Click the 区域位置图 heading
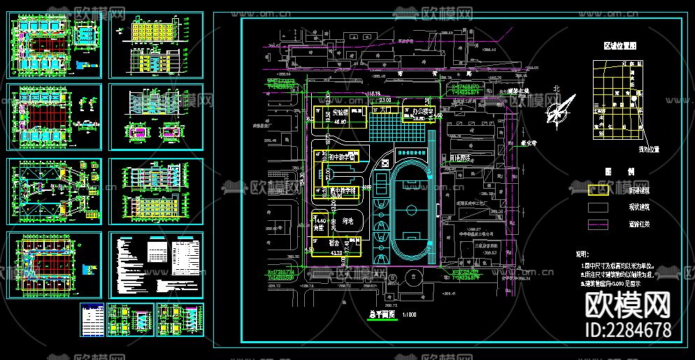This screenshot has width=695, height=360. pyautogui.click(x=621, y=45)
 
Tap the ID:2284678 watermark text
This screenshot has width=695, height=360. pyautogui.click(x=627, y=329)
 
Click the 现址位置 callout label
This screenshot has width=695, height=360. pyautogui.click(x=650, y=149)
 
